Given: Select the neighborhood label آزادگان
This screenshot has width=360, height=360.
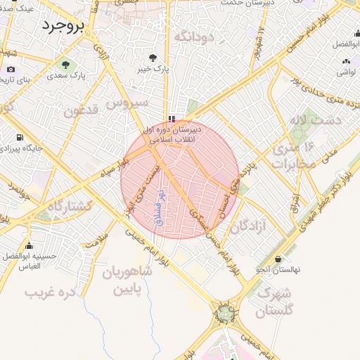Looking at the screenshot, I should [250, 226].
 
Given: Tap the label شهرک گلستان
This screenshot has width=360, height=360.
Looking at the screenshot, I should [274, 301].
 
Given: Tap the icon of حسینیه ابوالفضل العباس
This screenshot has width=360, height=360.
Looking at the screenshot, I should [29, 245].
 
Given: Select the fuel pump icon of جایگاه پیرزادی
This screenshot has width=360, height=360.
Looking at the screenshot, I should [18, 137].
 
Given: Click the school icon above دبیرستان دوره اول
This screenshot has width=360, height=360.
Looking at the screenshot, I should [171, 119].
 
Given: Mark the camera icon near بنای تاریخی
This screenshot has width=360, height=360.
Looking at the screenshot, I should [11, 70].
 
